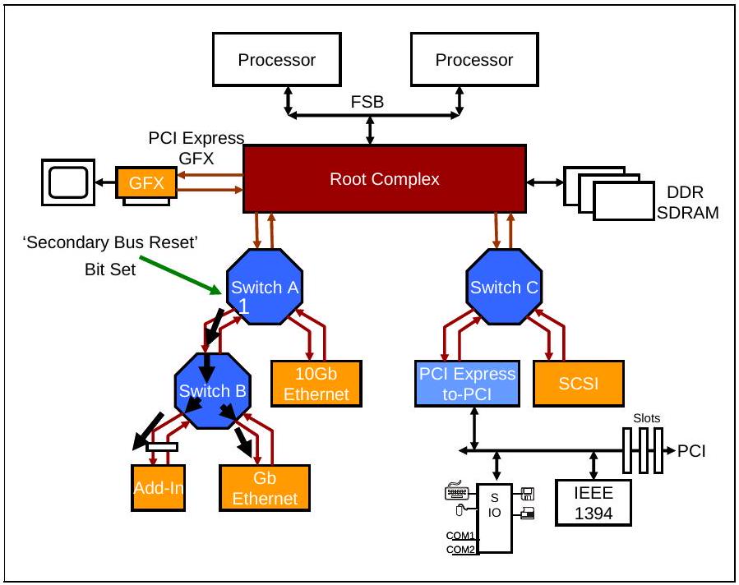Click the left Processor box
tap(277, 59)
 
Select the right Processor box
tap(474, 59)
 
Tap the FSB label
tap(367, 102)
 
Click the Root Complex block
tap(385, 179)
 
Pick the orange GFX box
tap(146, 182)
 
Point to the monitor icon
tap(68, 182)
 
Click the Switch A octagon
tap(265, 287)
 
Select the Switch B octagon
tap(213, 391)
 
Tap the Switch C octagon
tap(504, 287)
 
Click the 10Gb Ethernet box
tap(316, 384)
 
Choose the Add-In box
tap(159, 488)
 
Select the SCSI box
tap(579, 384)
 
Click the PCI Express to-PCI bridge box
tap(467, 384)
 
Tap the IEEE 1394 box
tap(594, 503)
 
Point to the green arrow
tap(181, 275)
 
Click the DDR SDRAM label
tap(688, 203)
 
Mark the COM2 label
tap(460, 550)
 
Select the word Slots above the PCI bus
tap(647, 418)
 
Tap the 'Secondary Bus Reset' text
tap(110, 242)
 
